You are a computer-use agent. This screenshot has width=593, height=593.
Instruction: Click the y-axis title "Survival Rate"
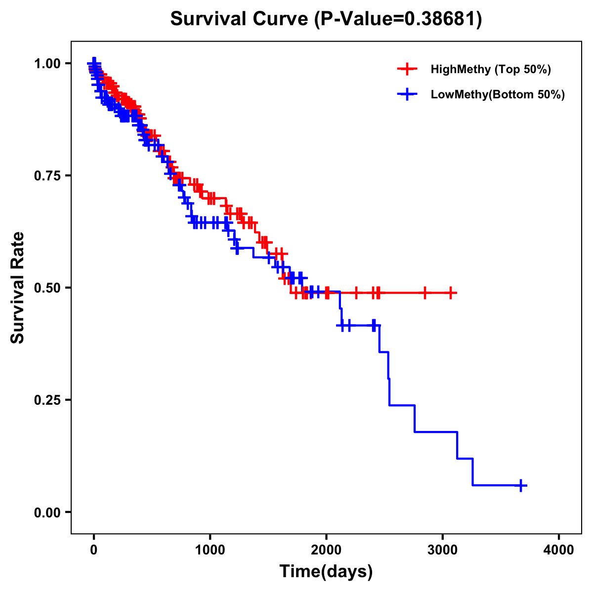pyautogui.click(x=18, y=287)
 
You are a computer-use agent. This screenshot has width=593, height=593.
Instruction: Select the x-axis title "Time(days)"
pyautogui.click(x=326, y=572)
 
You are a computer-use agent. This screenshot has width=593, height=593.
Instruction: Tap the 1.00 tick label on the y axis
pyautogui.click(x=47, y=63)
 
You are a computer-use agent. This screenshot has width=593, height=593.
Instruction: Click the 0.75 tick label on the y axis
pyautogui.click(x=47, y=175)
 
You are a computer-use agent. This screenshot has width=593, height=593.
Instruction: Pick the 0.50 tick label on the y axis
pyautogui.click(x=47, y=288)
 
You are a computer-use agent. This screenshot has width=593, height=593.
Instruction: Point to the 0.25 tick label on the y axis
pyautogui.click(x=47, y=400)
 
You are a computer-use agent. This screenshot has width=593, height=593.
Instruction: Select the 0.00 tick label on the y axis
pyautogui.click(x=47, y=512)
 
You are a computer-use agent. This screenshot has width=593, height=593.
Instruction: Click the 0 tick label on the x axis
pyautogui.click(x=93, y=550)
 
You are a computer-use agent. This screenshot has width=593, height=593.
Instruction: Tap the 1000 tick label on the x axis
pyautogui.click(x=210, y=550)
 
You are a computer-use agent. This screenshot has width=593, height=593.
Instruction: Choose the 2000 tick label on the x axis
pyautogui.click(x=326, y=550)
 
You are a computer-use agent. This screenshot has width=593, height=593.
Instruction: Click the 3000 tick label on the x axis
pyautogui.click(x=443, y=550)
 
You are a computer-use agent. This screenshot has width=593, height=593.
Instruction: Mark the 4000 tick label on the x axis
pyautogui.click(x=559, y=550)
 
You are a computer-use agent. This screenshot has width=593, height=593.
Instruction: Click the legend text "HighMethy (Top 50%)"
pyautogui.click(x=491, y=69)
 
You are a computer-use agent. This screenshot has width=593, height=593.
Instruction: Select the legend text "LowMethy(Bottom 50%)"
pyautogui.click(x=498, y=94)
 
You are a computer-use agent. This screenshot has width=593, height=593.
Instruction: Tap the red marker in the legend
pyautogui.click(x=407, y=69)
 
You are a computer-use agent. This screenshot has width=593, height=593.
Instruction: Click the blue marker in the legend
pyautogui.click(x=407, y=94)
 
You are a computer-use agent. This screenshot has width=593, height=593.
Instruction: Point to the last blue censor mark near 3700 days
pyautogui.click(x=520, y=485)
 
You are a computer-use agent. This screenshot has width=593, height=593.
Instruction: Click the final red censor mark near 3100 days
pyautogui.click(x=450, y=293)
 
